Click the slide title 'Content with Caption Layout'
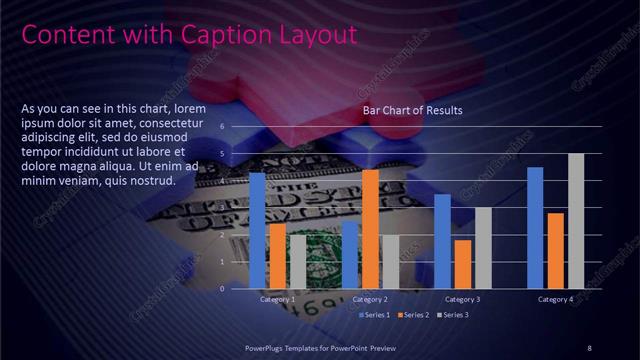[x=189, y=35]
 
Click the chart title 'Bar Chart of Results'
[x=412, y=110]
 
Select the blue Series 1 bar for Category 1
[x=257, y=230]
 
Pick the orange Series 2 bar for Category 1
[x=277, y=256]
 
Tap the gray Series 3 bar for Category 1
[x=297, y=262]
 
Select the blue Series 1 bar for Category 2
[x=350, y=255]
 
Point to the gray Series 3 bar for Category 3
[x=483, y=248]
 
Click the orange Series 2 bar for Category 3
[x=463, y=264]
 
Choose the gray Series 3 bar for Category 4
[x=576, y=221]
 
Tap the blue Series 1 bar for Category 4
[x=535, y=228]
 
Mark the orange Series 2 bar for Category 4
[x=556, y=251]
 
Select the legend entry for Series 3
[x=451, y=315]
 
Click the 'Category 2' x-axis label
[x=370, y=300]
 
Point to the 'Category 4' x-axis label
[x=555, y=300]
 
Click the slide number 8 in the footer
[x=589, y=347]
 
